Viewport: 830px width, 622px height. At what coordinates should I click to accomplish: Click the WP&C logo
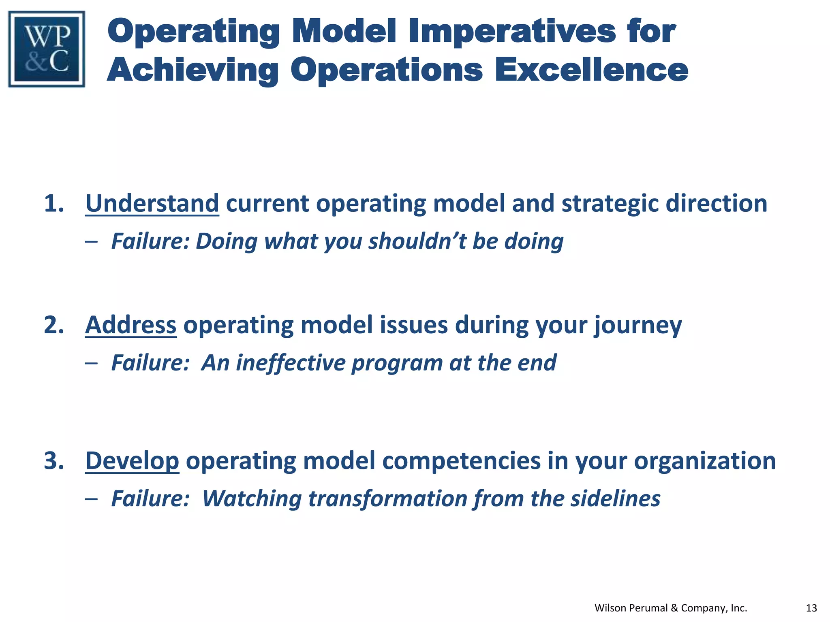click(47, 49)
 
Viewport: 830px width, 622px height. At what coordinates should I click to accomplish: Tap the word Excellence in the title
click(591, 70)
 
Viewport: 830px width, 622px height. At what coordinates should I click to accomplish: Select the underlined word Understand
click(152, 203)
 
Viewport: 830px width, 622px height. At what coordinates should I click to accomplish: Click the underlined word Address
click(130, 325)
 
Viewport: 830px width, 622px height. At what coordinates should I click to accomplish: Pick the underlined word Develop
click(132, 461)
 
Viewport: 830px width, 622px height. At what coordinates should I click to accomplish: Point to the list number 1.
click(54, 203)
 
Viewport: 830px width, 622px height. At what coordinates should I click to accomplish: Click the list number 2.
click(54, 325)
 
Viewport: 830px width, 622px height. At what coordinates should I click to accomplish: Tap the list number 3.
click(54, 461)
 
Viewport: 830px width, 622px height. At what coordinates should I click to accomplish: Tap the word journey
click(638, 326)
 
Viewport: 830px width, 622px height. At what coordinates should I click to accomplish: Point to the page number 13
click(811, 608)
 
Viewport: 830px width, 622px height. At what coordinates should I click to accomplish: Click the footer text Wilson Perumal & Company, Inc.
click(670, 608)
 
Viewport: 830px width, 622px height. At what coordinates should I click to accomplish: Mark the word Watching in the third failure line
click(252, 498)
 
